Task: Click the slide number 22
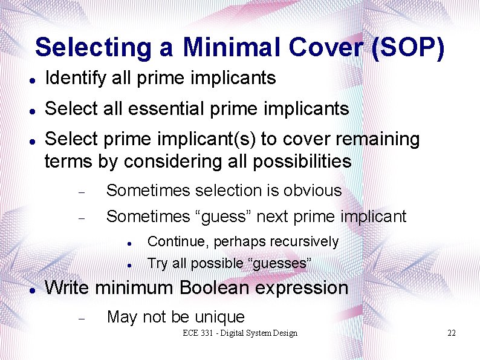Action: coord(451,333)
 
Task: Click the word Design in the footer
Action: coord(285,333)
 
